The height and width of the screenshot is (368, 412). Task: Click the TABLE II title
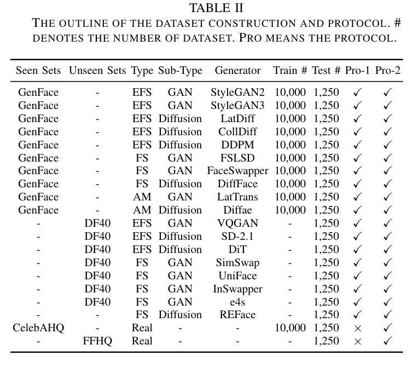click(216, 8)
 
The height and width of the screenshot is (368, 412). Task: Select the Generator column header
click(237, 71)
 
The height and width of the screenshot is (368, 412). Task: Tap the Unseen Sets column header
click(97, 71)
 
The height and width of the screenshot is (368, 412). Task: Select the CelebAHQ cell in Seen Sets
click(38, 328)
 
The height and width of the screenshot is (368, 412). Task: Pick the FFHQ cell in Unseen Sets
click(97, 341)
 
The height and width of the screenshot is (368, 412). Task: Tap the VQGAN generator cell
click(237, 223)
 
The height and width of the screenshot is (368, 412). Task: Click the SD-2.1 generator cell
click(237, 237)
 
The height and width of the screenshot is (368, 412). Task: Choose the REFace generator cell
click(237, 315)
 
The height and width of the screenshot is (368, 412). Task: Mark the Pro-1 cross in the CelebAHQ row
click(358, 329)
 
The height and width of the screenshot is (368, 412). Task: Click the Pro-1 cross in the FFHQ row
click(358, 342)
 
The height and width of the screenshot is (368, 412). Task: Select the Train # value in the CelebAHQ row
click(290, 328)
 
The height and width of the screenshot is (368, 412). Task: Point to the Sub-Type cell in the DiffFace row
click(180, 184)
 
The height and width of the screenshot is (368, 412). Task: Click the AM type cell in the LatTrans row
click(142, 197)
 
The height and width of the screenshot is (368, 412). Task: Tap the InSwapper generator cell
click(237, 289)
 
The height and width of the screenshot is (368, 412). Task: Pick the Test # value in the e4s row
click(326, 302)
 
